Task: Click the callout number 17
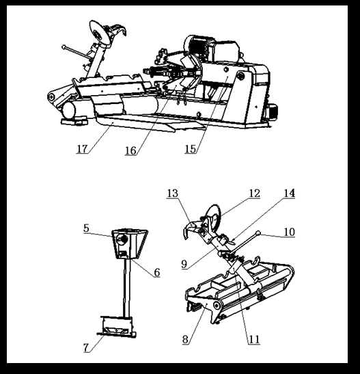click(82, 149)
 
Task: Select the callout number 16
click(130, 150)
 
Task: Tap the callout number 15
click(191, 149)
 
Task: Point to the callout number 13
click(173, 193)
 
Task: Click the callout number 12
click(254, 193)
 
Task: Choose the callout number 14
click(290, 193)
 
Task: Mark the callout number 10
click(290, 232)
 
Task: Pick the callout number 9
click(184, 264)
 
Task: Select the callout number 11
click(254, 339)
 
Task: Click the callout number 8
click(185, 339)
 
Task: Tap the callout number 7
click(86, 347)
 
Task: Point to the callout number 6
click(156, 272)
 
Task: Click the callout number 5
click(86, 228)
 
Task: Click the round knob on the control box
click(123, 239)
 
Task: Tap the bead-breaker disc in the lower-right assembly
click(214, 217)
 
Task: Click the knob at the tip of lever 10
click(258, 232)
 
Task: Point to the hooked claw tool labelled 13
click(191, 228)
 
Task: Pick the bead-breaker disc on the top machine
click(99, 33)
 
